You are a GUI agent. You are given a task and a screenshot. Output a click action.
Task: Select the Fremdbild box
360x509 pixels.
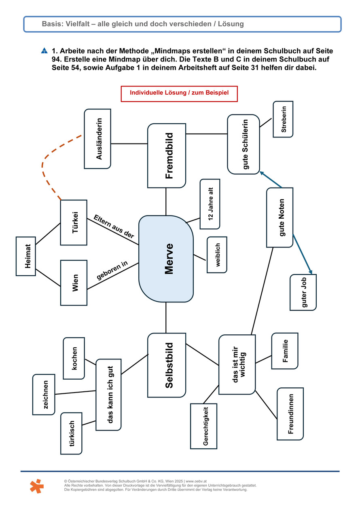[x=167, y=156]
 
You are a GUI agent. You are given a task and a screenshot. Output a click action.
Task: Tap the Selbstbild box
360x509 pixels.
[x=167, y=365]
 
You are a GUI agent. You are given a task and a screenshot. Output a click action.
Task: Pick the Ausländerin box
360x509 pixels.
[x=97, y=139]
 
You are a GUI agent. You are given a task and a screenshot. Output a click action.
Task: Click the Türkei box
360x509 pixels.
[x=74, y=222]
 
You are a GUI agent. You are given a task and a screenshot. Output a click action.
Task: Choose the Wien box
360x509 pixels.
[x=74, y=283]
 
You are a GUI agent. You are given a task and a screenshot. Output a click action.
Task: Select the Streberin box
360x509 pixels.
[x=283, y=119]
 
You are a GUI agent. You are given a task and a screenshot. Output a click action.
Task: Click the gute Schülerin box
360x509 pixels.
[x=243, y=144]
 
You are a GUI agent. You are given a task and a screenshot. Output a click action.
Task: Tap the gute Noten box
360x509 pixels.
[x=280, y=218]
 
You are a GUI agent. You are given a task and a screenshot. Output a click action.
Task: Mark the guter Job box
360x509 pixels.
[x=303, y=292]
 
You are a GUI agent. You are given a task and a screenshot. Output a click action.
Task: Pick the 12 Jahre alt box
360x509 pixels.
[x=210, y=201]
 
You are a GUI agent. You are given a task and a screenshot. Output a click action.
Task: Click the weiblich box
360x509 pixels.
[x=217, y=255]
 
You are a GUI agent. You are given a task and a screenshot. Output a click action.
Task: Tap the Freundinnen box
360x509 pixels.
[x=290, y=414]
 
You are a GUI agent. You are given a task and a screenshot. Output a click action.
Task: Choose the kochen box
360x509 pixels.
[x=74, y=358]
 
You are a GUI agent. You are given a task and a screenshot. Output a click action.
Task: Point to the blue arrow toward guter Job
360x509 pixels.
[x=303, y=254]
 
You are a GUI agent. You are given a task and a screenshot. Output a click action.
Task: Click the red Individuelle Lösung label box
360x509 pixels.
[x=179, y=93]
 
